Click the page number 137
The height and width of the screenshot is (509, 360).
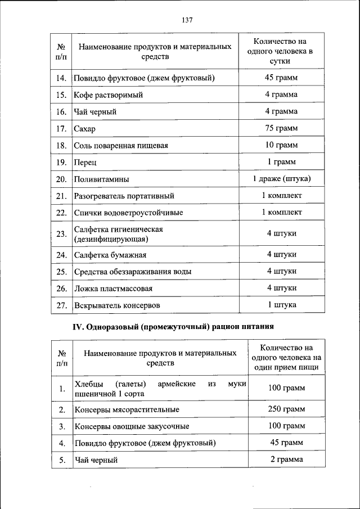point(187,20)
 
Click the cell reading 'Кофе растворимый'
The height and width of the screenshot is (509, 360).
point(108,95)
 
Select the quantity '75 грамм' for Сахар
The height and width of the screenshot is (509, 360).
point(281,129)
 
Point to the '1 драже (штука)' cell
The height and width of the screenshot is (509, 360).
point(281,179)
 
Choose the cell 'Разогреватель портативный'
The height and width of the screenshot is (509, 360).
point(124,196)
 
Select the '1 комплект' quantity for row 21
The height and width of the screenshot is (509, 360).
point(281,196)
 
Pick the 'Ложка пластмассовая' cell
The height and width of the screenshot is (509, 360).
point(113,289)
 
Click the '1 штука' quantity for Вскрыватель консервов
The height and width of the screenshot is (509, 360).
point(281,305)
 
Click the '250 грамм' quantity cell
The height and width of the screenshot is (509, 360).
point(286,409)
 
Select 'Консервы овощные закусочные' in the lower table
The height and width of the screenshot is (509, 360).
point(132,427)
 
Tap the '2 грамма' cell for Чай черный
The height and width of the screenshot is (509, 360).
point(286,460)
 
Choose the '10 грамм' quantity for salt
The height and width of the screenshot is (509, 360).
point(281,146)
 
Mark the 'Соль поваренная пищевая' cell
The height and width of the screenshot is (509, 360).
point(121,146)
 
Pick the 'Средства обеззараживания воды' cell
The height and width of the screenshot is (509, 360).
point(133,272)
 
